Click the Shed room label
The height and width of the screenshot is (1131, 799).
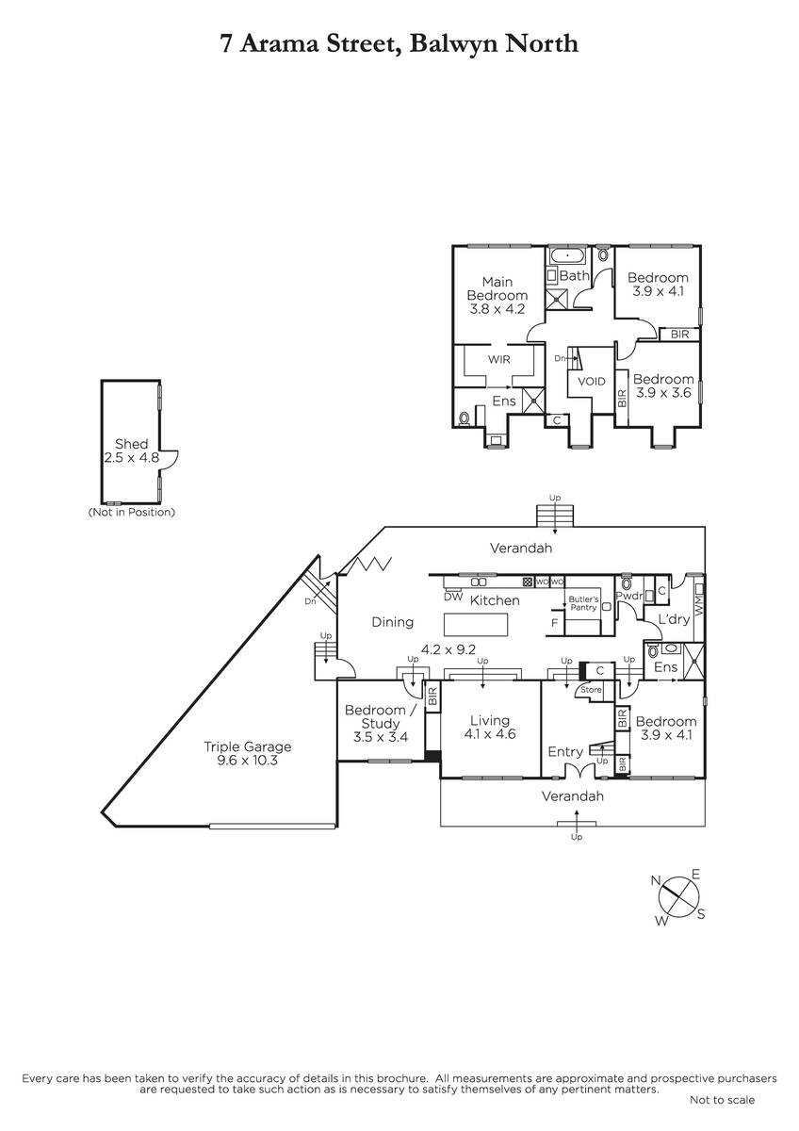[131, 444]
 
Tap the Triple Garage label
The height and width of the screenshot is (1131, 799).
[247, 746]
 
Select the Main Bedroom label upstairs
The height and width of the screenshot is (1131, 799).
[497, 288]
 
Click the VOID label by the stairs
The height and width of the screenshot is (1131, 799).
[591, 381]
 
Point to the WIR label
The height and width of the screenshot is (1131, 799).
[498, 359]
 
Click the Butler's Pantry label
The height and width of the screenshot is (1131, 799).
[583, 603]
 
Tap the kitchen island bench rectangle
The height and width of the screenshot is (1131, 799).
[476, 625]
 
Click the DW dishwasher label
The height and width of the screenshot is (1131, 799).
[453, 597]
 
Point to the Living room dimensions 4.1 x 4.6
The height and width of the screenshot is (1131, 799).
[490, 733]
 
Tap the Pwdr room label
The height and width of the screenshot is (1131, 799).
[628, 596]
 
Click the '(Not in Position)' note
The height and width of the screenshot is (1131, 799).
[131, 512]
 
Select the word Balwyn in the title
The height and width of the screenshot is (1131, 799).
[454, 43]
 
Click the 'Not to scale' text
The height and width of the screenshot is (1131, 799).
[722, 1100]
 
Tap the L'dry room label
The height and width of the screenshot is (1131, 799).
[674, 618]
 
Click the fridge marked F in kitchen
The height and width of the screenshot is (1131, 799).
[555, 623]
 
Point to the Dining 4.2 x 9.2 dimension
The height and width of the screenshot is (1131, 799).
[448, 649]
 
